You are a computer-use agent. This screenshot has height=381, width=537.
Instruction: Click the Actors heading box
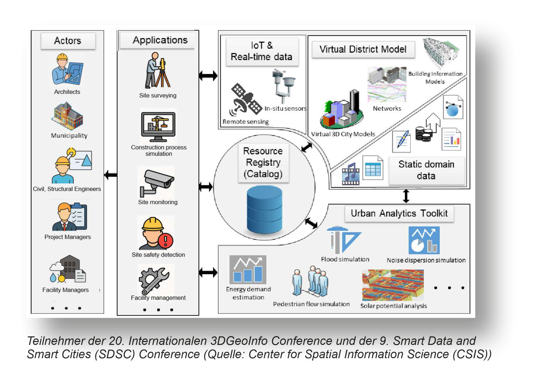pyautogui.click(x=68, y=41)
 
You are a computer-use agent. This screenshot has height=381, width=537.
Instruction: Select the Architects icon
pyautogui.click(x=67, y=69)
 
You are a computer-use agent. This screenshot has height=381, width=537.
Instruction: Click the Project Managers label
pyautogui.click(x=68, y=237)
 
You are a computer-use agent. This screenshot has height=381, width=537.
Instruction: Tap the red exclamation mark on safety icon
pyautogui.click(x=165, y=240)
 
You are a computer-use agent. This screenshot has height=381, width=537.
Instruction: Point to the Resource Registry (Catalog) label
pyautogui.click(x=263, y=162)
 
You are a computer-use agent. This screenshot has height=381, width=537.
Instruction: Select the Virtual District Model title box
pyautogui.click(x=363, y=49)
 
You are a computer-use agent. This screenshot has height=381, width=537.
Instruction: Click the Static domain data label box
pyautogui.click(x=426, y=170)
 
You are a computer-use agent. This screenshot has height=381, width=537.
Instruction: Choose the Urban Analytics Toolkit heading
pyautogui.click(x=399, y=213)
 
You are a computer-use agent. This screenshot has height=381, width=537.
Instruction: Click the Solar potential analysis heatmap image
pyautogui.click(x=393, y=285)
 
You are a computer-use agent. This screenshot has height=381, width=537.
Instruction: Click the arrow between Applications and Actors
pyautogui.click(x=111, y=175)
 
